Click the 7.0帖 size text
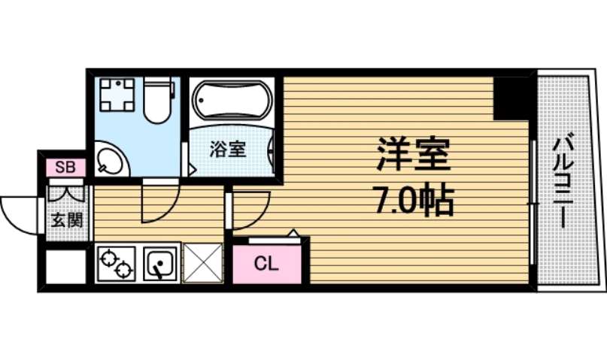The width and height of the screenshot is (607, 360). pos(412,201)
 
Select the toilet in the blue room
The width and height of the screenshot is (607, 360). pos(157,101)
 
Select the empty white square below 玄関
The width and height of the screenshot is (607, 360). pos(64,265)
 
